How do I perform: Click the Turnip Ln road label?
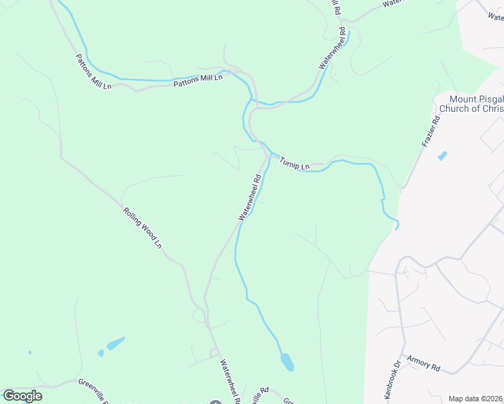click(294, 163)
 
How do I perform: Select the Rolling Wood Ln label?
click(143, 227)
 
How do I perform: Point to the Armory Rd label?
click(427, 368)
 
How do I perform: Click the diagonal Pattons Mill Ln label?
click(93, 72)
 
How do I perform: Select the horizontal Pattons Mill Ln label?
click(198, 80)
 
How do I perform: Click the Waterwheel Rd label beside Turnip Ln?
click(249, 198)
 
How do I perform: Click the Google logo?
click(22, 396)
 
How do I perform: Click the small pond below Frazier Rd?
click(442, 156)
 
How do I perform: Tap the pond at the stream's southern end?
click(287, 362)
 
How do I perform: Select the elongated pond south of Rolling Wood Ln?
click(115, 343)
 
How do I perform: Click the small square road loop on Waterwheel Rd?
click(215, 352)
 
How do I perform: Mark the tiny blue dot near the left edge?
click(30, 352)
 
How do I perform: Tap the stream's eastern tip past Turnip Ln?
click(396, 226)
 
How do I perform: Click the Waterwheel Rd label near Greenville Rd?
click(228, 378)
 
